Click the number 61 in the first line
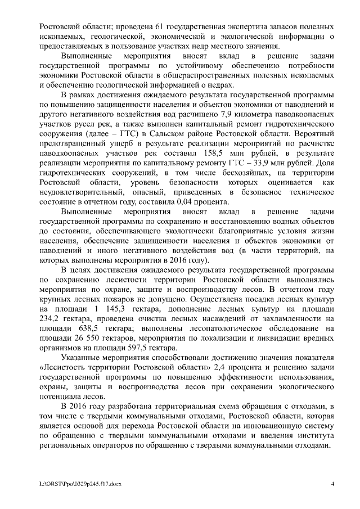click(x=148, y=27)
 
